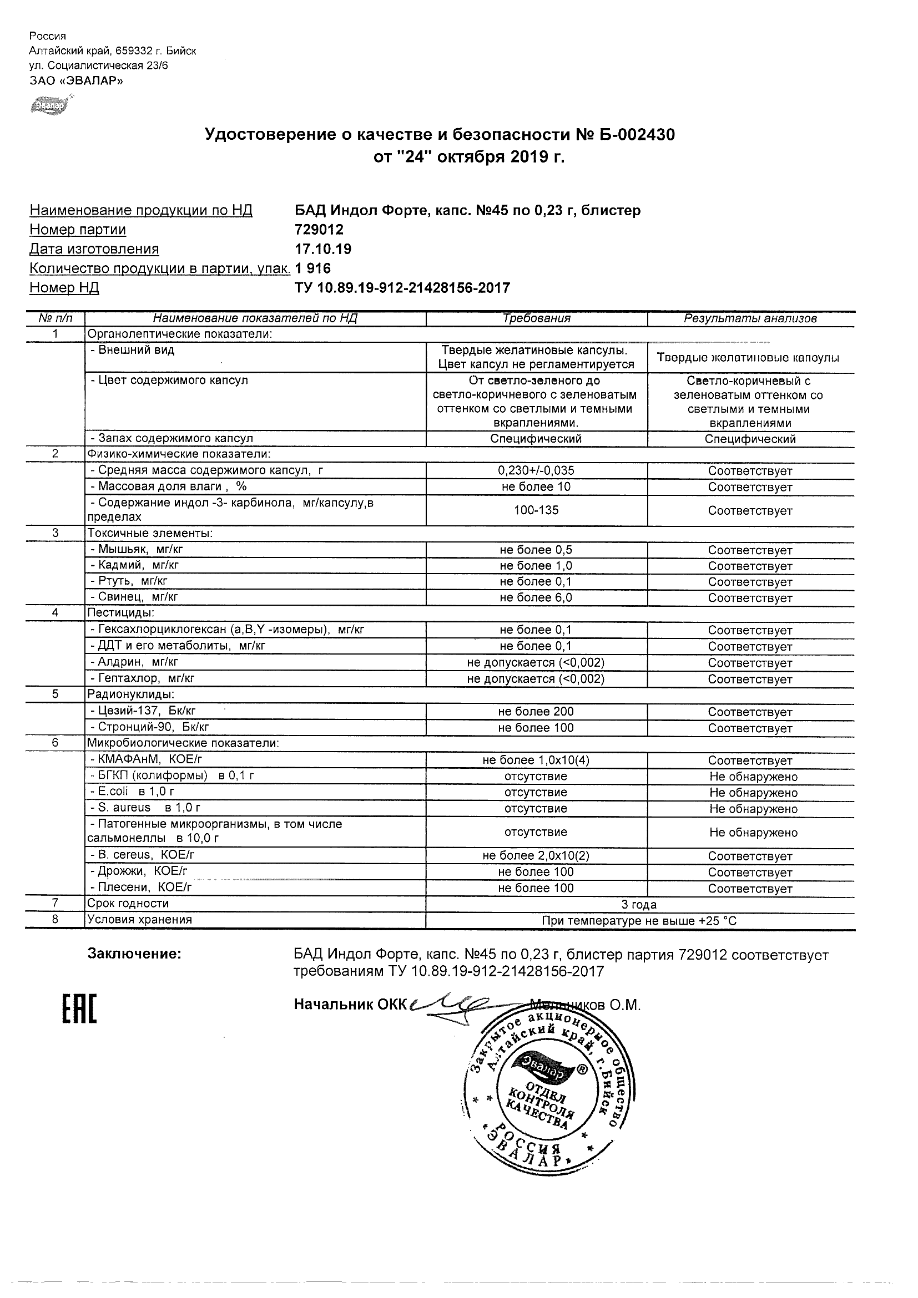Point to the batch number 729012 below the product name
319,230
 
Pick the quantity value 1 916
313,268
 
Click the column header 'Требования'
536,318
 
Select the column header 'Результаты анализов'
750,318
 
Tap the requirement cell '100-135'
536,510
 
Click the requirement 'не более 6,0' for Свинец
536,597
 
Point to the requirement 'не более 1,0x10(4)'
536,760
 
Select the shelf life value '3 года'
639,905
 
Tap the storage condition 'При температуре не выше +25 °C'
639,921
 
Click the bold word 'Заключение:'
134,954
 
